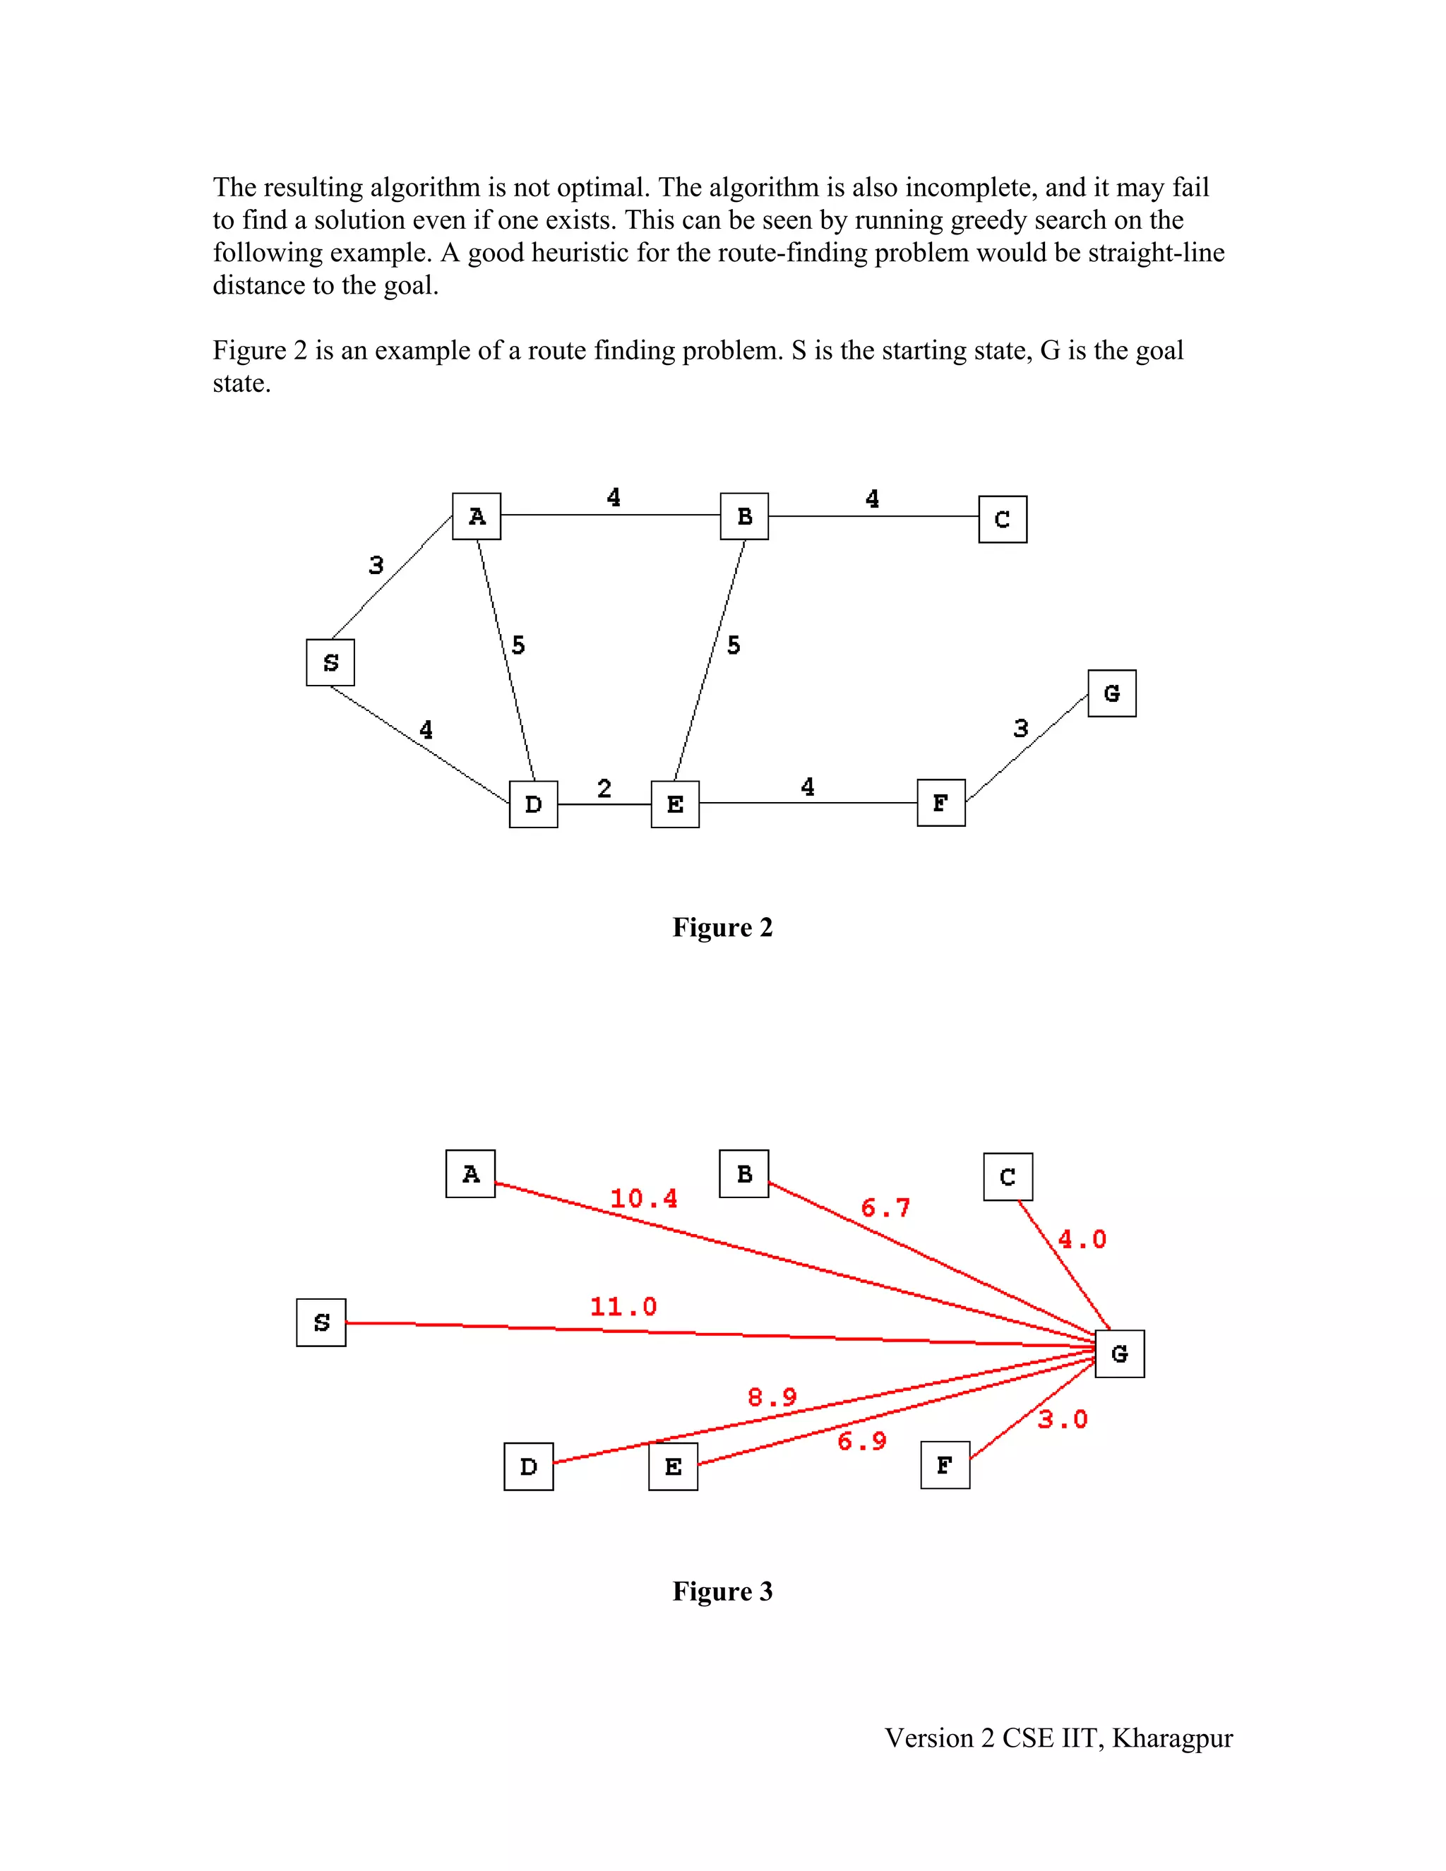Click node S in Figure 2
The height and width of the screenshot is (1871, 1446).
[330, 662]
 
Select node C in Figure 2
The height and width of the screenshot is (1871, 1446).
[1003, 519]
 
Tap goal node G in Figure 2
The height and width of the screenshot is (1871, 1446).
[1112, 693]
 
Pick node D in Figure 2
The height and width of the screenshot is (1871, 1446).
[533, 804]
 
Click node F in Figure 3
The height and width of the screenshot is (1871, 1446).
[945, 1465]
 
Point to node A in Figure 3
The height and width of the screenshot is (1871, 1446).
[470, 1173]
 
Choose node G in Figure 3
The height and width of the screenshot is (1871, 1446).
[1120, 1353]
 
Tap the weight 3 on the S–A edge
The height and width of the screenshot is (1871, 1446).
[376, 566]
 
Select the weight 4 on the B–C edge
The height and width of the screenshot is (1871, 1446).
[872, 498]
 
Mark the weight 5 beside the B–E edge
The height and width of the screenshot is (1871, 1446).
[734, 645]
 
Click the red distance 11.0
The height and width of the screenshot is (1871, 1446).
[623, 1306]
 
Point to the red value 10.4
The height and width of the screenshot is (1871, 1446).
[643, 1199]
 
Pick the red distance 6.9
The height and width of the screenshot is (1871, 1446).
[862, 1441]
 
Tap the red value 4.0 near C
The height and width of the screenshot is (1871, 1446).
[1082, 1239]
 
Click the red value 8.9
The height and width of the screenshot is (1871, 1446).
[772, 1397]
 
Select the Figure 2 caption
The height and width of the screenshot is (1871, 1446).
[722, 927]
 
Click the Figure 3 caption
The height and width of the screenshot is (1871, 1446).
[722, 1591]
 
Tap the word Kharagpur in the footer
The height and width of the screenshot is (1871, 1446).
[1172, 1738]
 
